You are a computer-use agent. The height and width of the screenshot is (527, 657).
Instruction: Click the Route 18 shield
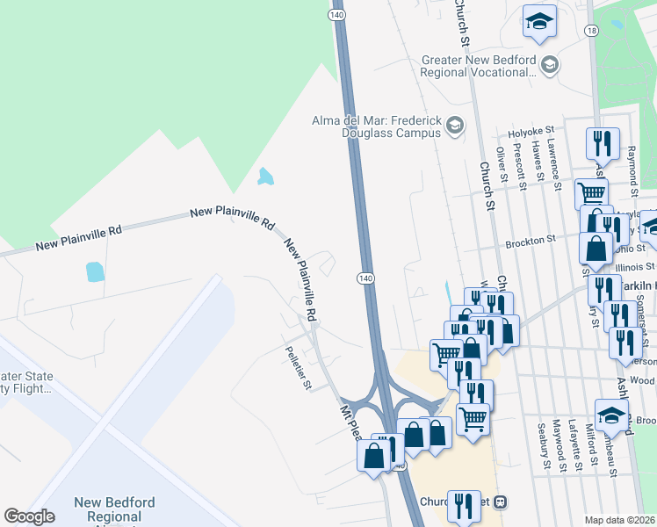click(593, 31)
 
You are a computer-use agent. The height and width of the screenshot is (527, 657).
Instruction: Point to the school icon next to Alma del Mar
click(454, 126)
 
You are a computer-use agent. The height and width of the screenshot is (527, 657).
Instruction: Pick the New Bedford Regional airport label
click(114, 510)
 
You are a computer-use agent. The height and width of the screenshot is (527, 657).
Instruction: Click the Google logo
click(29, 516)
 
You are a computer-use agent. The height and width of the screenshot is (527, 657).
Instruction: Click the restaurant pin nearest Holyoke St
click(603, 142)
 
